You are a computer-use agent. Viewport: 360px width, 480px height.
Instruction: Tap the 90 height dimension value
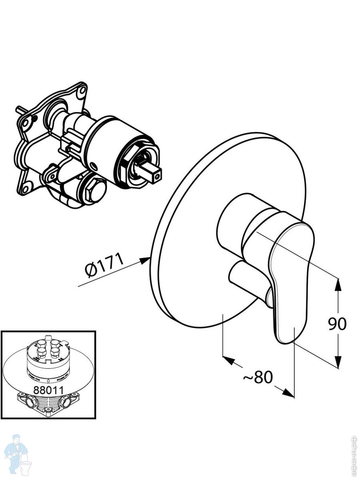tap(337, 324)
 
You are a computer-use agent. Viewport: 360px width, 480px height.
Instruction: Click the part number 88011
tap(48, 390)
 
